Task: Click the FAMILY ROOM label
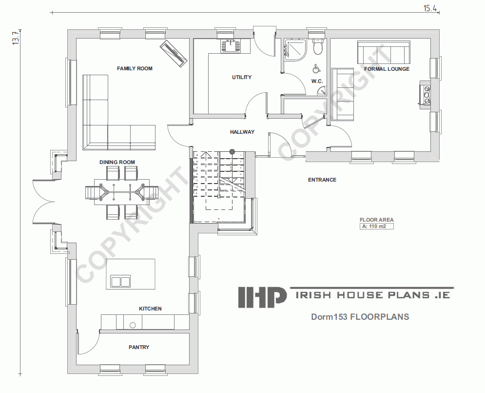coord(135,69)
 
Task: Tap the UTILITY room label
coord(242,78)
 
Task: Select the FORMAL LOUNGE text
coord(387,69)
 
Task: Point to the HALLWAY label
coord(242,132)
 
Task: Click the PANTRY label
coord(139,348)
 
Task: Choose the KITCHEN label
coord(150,309)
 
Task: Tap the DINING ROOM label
coord(117,162)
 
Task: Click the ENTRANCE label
coord(322,180)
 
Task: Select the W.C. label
coord(317,82)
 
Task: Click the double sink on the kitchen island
coord(120,282)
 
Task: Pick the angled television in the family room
coord(174,52)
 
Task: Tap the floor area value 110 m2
coord(376,227)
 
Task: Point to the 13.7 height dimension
coord(16,38)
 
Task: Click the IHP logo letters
coord(262,297)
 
